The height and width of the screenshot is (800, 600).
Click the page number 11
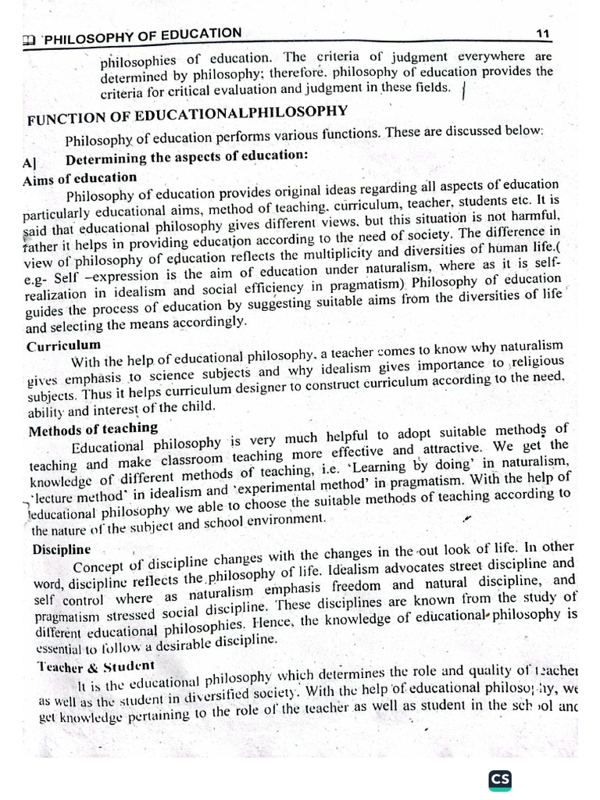pos(544,32)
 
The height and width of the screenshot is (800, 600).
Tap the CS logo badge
pos(499,780)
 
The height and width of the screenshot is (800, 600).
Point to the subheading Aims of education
pos(80,178)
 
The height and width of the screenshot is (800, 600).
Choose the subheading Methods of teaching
pos(93,429)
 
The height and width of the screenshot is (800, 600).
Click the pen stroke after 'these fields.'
pos(465,91)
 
